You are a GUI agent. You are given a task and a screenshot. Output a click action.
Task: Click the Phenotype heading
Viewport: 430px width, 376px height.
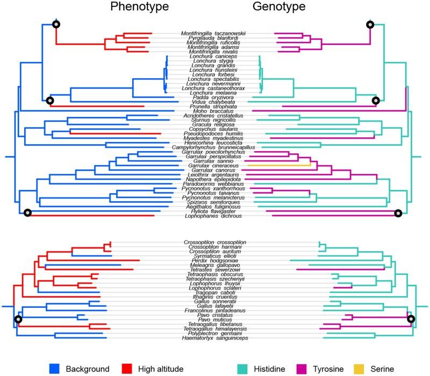(x=139, y=7)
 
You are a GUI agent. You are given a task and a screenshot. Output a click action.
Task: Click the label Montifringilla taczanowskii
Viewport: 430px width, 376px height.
(x=213, y=33)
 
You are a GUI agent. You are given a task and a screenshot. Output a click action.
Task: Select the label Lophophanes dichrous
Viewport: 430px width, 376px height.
(x=213, y=216)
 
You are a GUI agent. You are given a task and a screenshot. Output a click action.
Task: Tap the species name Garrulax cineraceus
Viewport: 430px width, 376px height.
(x=213, y=166)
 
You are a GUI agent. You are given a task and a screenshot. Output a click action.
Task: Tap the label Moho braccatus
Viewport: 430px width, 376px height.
(x=213, y=111)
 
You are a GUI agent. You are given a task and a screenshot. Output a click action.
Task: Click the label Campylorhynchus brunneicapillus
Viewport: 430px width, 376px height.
(x=213, y=147)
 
